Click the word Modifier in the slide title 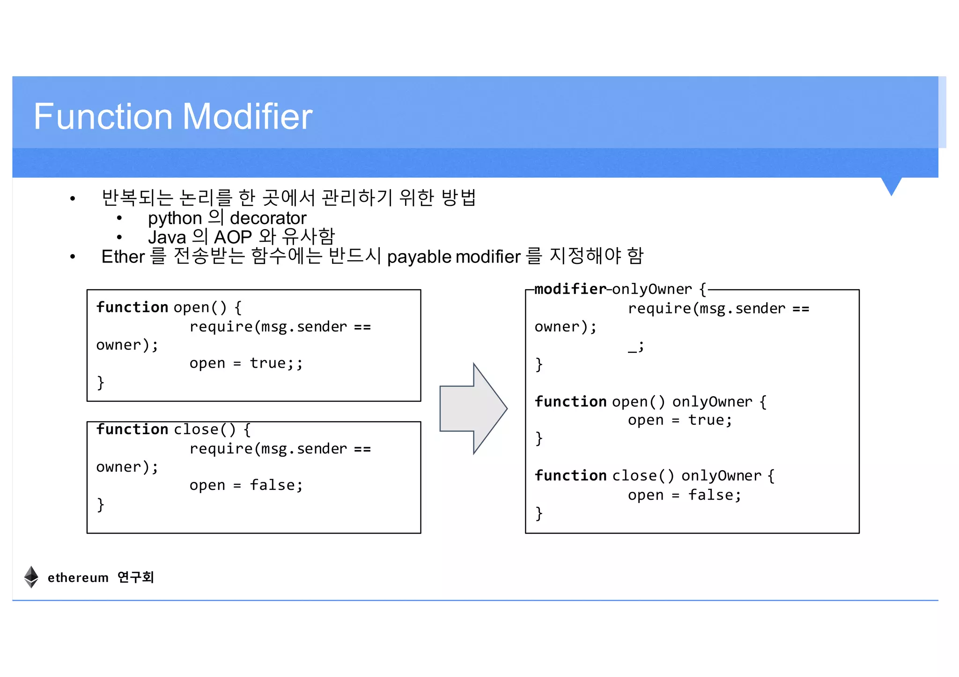click(x=248, y=116)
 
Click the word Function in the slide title click(x=103, y=116)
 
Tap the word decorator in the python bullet click(x=268, y=218)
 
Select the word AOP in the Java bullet click(x=233, y=237)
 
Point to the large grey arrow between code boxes click(x=473, y=408)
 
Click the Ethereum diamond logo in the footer click(x=31, y=576)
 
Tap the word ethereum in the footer click(x=78, y=578)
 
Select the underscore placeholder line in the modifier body click(x=635, y=346)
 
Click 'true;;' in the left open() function click(x=276, y=363)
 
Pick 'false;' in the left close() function click(x=276, y=485)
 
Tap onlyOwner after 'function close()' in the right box click(x=721, y=476)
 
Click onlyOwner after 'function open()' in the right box click(x=712, y=402)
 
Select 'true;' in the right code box click(x=710, y=420)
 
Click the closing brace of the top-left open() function click(x=100, y=382)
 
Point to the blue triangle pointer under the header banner click(x=891, y=185)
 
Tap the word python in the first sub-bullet click(x=175, y=218)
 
